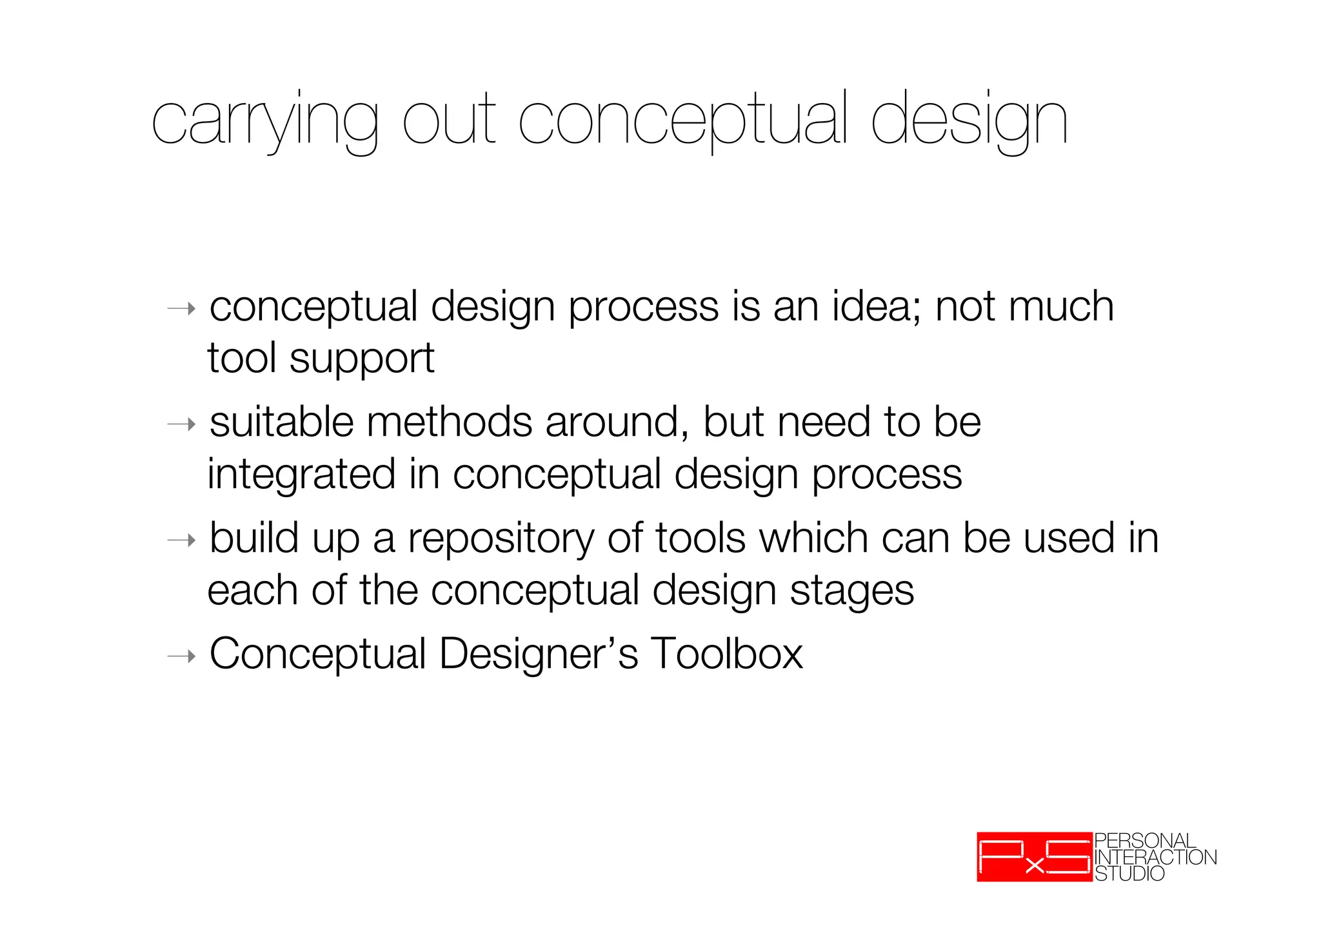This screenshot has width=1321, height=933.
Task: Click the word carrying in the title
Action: [x=264, y=123]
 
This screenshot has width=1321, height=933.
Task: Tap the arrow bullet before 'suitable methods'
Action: [x=181, y=424]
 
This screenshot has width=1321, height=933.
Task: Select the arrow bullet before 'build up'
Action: [x=181, y=540]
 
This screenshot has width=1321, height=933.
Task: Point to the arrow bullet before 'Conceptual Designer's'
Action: [x=181, y=656]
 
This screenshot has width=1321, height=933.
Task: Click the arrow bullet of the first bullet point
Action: [x=181, y=309]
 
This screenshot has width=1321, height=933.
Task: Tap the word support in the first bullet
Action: [x=362, y=360]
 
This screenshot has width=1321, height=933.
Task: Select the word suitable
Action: [x=281, y=422]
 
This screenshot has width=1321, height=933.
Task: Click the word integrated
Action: [x=301, y=475]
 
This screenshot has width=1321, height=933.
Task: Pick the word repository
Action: [x=501, y=540]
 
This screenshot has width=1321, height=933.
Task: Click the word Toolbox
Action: [x=726, y=654]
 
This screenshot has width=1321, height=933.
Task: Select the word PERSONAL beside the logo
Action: [x=1145, y=841]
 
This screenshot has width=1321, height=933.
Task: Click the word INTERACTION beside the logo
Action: [x=1155, y=857]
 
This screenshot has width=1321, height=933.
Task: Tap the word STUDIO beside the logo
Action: [x=1129, y=874]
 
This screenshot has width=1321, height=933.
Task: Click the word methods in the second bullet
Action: [x=449, y=422]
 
